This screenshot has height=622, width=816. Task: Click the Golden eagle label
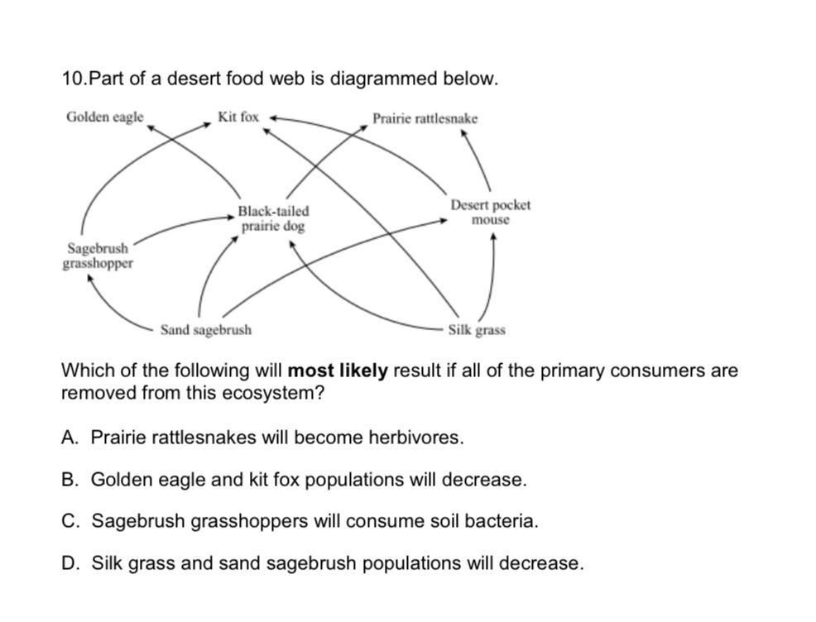coord(104,117)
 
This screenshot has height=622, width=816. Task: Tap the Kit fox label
coord(238,117)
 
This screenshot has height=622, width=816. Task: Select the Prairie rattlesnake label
coord(425,119)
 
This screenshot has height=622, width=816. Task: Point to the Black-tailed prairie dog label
coord(273,218)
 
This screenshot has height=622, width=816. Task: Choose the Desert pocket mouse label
coord(490,212)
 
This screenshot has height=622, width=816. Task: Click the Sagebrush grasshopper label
coord(97,256)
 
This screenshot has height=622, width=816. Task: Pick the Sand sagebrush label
coord(205,330)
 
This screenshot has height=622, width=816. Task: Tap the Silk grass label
coord(476,330)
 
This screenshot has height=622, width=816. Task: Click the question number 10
coord(73,79)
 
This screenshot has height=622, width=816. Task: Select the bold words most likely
coord(338,371)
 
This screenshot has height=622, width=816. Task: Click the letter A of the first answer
coord(70,438)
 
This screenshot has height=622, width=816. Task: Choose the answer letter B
coord(70,480)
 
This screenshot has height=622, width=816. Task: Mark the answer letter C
coord(70,522)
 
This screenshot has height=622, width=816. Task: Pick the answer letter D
coord(70,564)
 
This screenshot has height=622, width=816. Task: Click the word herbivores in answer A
coord(420,438)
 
